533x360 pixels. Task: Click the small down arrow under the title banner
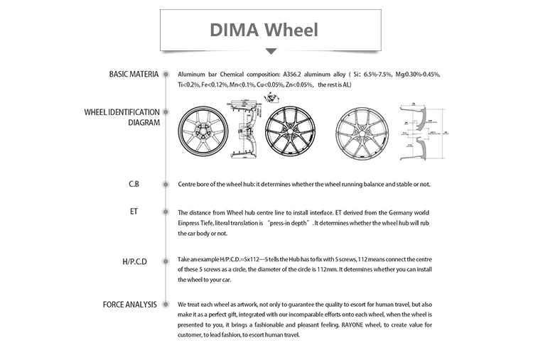tap(271, 51)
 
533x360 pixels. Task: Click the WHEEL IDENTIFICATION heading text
tap(122, 112)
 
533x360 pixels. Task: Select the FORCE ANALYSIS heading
tap(130, 305)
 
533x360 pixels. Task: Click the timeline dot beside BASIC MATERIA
tap(166, 74)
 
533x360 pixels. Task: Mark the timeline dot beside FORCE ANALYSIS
tap(166, 305)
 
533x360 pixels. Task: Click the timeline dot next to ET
tap(166, 212)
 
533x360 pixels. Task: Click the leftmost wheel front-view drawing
tap(203, 132)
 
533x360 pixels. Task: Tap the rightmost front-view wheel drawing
tap(362, 132)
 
